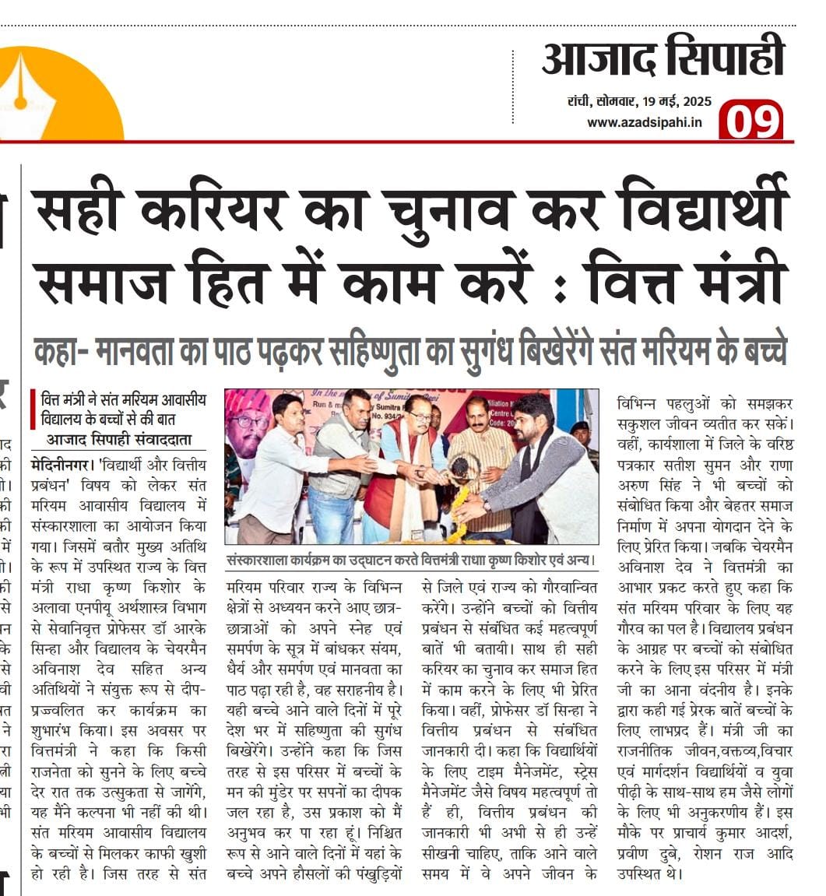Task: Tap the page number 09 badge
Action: pos(750,121)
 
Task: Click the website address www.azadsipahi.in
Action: pos(645,122)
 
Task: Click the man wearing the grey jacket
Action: pos(545,475)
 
